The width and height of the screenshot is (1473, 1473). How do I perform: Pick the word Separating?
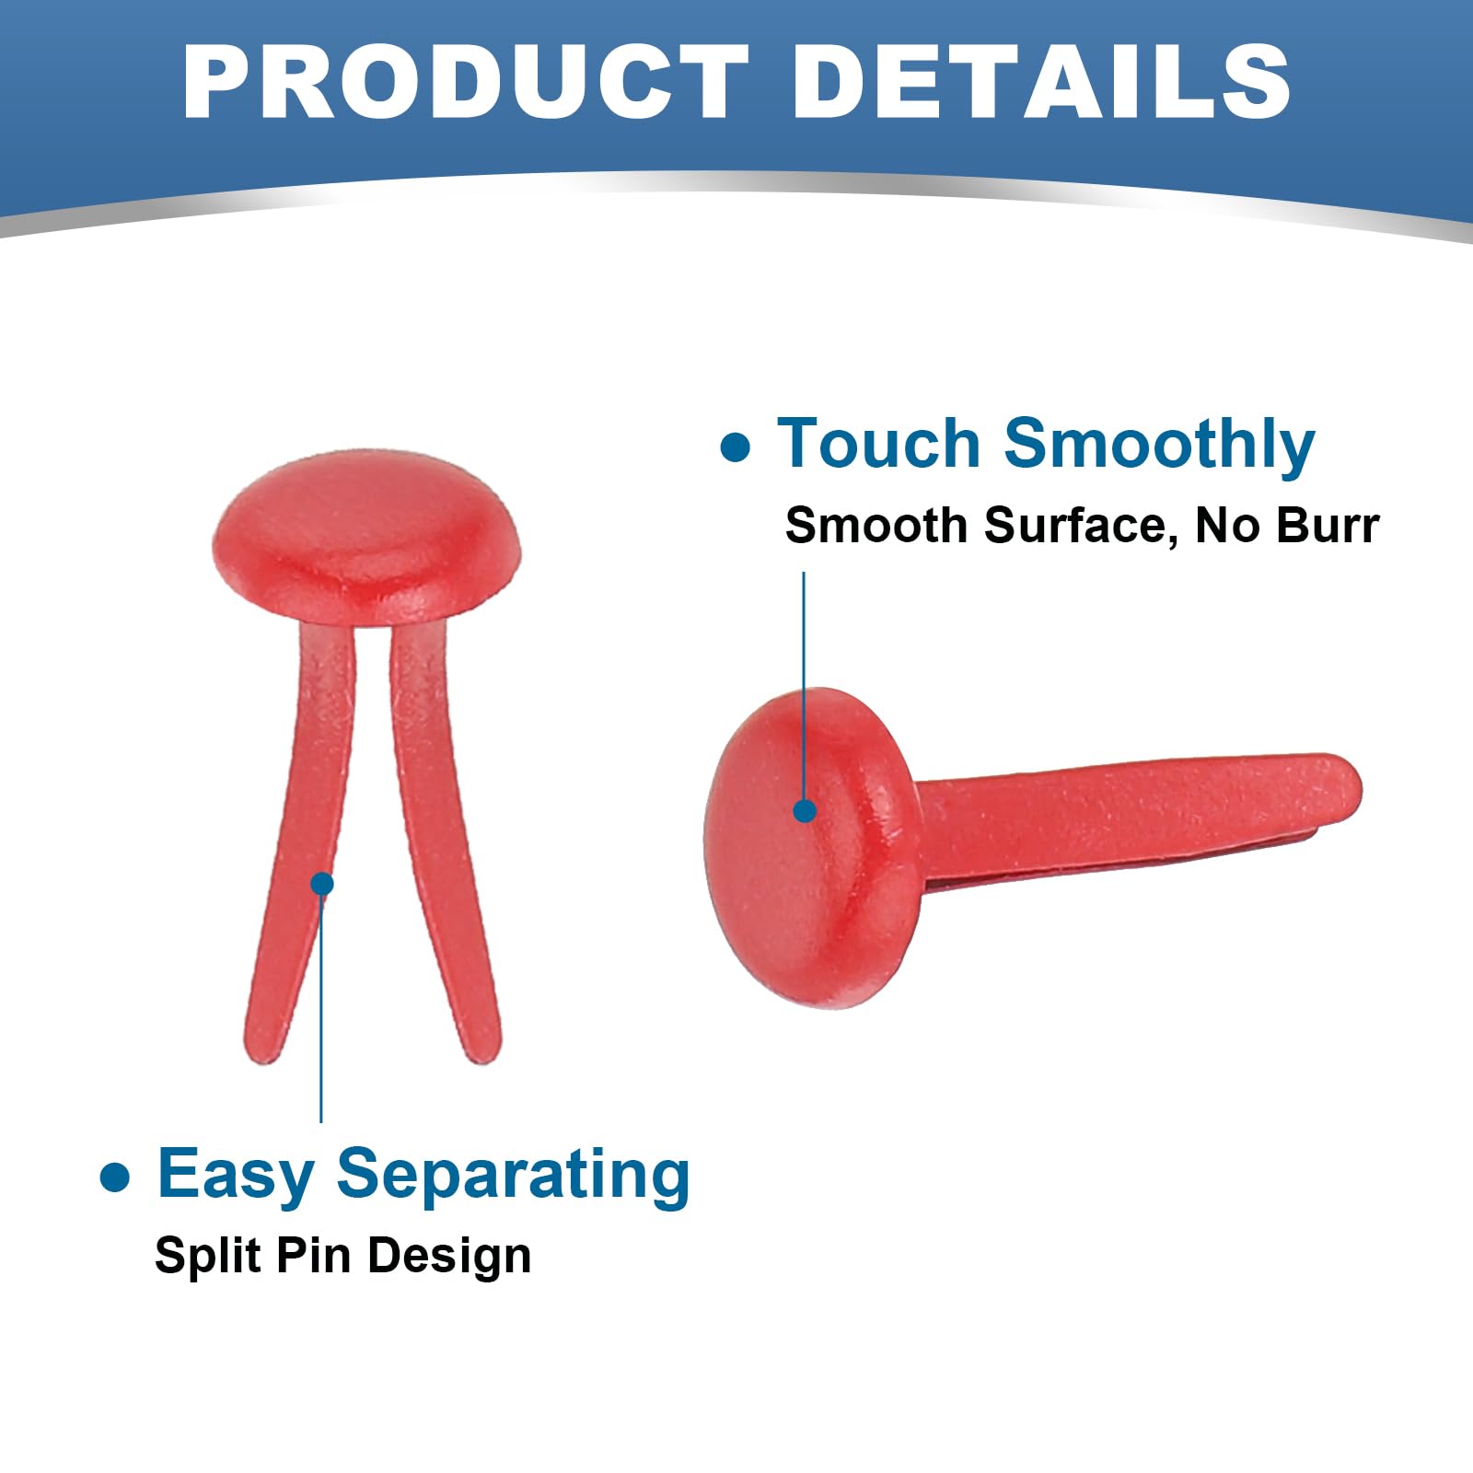point(513,1177)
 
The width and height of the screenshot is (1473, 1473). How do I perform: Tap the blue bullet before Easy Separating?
point(115,1177)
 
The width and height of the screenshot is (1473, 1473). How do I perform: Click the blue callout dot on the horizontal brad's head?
point(805,811)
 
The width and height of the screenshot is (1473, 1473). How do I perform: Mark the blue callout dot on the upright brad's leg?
point(322,884)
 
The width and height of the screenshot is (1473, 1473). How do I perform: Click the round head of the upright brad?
point(366,539)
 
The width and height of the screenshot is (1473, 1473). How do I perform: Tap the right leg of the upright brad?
point(440,838)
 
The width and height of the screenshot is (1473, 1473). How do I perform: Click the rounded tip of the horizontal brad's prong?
point(1348,787)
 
